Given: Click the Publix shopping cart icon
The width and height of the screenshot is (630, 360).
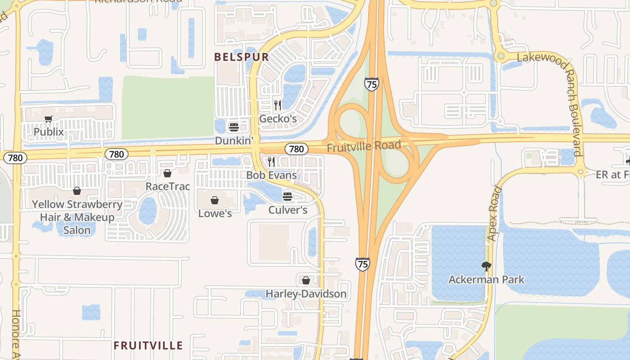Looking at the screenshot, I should pyautogui.click(x=49, y=119).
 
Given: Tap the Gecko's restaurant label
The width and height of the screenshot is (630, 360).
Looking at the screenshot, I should pyautogui.click(x=278, y=119).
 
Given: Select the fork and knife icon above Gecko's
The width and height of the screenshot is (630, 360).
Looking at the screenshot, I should pyautogui.click(x=278, y=105).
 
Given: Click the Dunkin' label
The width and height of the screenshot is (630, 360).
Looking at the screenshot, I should pyautogui.click(x=234, y=140).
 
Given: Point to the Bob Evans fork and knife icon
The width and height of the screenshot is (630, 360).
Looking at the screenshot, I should pyautogui.click(x=271, y=162).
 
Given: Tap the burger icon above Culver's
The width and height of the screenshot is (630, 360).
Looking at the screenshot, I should pyautogui.click(x=288, y=196).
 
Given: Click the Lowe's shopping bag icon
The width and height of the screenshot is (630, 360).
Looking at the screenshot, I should pyautogui.click(x=215, y=200).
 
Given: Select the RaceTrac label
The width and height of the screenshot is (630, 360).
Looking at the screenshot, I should pyautogui.click(x=167, y=186).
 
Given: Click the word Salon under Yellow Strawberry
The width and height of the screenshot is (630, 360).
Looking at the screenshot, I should pyautogui.click(x=76, y=230).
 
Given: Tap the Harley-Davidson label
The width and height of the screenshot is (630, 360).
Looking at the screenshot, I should pyautogui.click(x=306, y=294).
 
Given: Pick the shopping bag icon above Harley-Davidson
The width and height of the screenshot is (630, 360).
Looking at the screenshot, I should pyautogui.click(x=306, y=280).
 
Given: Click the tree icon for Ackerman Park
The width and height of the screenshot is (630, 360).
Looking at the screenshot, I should pyautogui.click(x=486, y=266).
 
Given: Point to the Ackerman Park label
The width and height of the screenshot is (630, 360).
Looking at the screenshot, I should pyautogui.click(x=486, y=279).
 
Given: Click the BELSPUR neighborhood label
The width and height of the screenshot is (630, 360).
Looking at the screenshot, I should pyautogui.click(x=242, y=57).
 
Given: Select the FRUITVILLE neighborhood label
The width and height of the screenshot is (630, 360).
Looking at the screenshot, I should pyautogui.click(x=148, y=346).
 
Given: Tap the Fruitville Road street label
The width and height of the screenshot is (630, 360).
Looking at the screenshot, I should pyautogui.click(x=364, y=146).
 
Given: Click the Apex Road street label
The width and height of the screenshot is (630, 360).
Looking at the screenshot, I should pyautogui.click(x=494, y=213).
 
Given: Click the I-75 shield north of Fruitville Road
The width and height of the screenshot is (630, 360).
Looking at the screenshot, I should pyautogui.click(x=372, y=84).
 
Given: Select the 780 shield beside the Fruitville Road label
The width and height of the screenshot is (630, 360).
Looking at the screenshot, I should pyautogui.click(x=296, y=148).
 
